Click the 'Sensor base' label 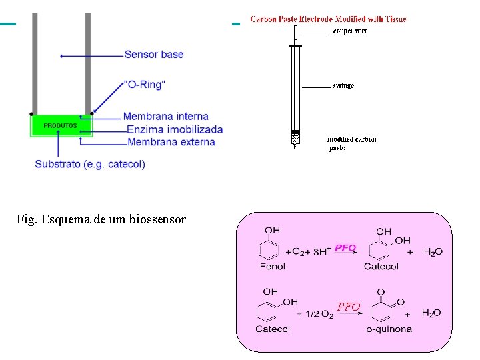(x=153, y=55)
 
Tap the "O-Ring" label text (x=145, y=85)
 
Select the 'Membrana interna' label (x=166, y=117)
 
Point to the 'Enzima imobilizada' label (x=175, y=129)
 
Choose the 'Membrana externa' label (x=171, y=142)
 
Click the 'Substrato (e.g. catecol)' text (x=90, y=164)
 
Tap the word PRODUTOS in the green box (x=60, y=125)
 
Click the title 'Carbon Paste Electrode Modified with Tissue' (x=328, y=19)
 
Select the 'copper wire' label (x=350, y=31)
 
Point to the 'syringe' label (x=343, y=86)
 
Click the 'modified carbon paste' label (x=351, y=143)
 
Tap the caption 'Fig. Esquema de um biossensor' (x=101, y=219)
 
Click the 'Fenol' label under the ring (x=272, y=267)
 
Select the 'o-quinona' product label (x=389, y=329)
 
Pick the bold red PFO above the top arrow (x=345, y=247)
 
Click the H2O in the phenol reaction (x=433, y=252)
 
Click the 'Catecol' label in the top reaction (x=381, y=267)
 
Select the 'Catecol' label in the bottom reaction (x=273, y=329)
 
